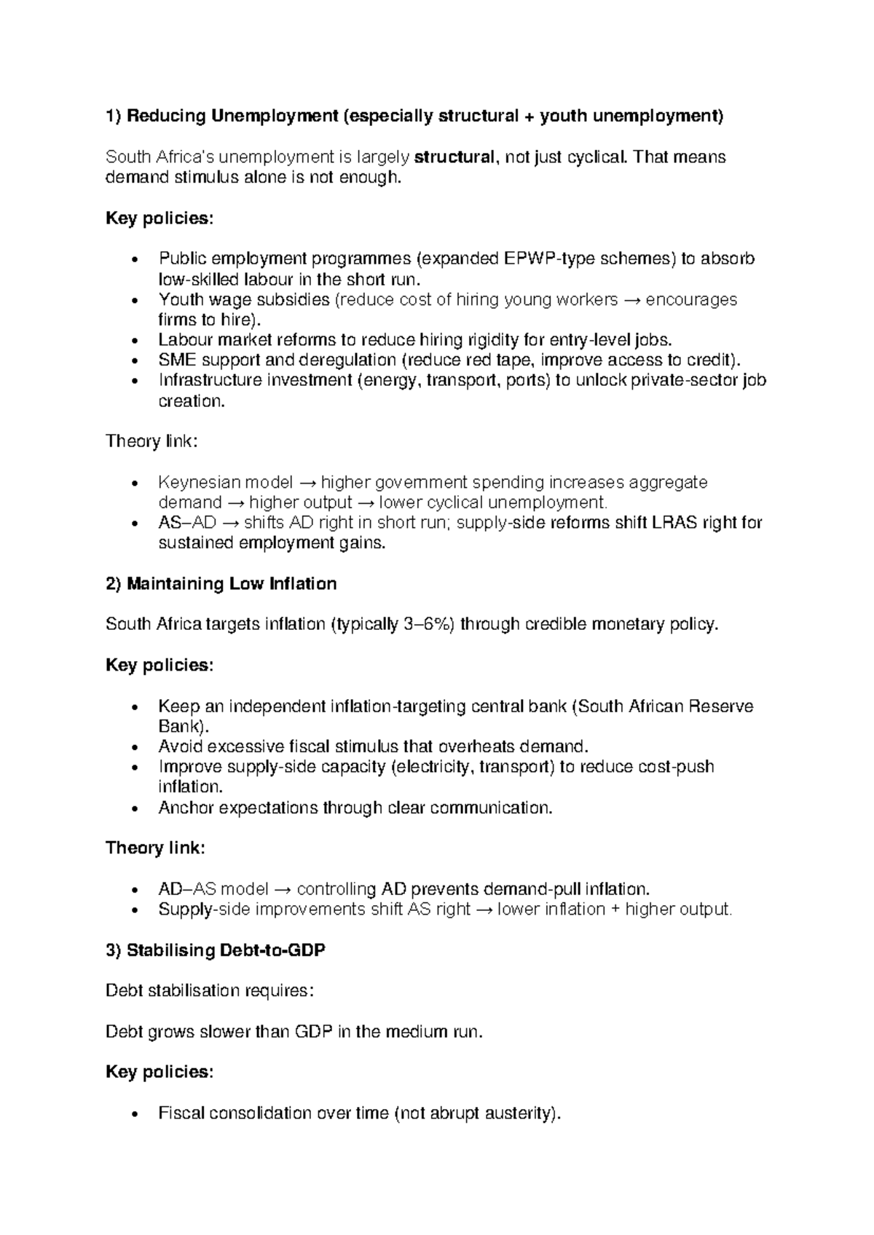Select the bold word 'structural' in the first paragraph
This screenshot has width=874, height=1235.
click(x=454, y=157)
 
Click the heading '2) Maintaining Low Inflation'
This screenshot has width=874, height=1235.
click(x=221, y=584)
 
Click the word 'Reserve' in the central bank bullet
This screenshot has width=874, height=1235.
click(x=721, y=706)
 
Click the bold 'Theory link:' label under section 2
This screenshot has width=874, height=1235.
click(x=155, y=848)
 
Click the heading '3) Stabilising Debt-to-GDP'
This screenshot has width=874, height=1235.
click(x=216, y=950)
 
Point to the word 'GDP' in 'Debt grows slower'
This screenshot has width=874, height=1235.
click(x=313, y=1032)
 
